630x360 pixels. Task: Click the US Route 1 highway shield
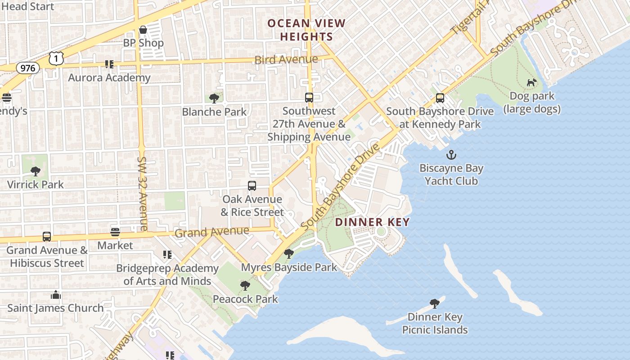56,58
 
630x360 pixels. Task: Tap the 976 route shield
28,68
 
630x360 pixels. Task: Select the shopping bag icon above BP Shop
143,30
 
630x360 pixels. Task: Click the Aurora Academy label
109,77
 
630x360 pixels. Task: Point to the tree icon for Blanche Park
214,98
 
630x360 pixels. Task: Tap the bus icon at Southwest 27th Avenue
309,97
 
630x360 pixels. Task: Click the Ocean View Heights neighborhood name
306,30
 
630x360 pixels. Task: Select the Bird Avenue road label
286,59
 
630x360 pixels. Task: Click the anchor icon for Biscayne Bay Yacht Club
451,155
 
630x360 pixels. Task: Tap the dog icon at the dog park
532,82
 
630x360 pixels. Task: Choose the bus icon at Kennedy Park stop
440,98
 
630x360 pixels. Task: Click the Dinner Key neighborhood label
372,222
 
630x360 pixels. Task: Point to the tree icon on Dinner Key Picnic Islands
434,303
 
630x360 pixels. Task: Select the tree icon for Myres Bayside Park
289,254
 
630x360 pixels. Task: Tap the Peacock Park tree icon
245,285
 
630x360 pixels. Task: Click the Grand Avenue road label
211,232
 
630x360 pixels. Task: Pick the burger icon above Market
115,232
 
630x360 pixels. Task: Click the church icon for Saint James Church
56,295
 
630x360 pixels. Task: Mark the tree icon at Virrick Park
35,171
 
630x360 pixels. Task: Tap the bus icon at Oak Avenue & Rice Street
252,185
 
